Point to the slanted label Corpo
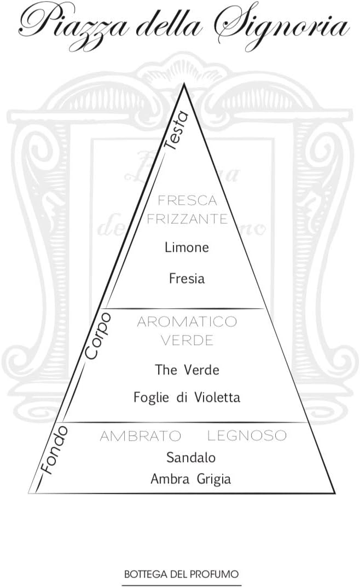(x=98, y=336)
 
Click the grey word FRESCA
(x=187, y=201)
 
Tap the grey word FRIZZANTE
(x=187, y=219)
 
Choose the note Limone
(x=187, y=247)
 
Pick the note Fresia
(x=187, y=279)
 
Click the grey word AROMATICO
(x=187, y=321)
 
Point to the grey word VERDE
(x=187, y=340)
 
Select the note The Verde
(x=187, y=370)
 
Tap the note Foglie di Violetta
(x=187, y=397)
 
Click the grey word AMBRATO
(x=140, y=436)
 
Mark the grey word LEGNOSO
(x=247, y=436)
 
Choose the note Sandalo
(x=191, y=457)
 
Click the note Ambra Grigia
(x=191, y=479)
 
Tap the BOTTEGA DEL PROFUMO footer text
(x=182, y=574)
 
